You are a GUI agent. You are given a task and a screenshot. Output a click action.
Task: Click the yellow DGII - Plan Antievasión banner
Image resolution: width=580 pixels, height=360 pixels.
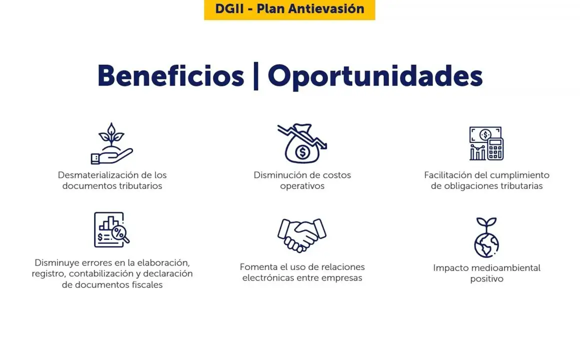[x=289, y=9]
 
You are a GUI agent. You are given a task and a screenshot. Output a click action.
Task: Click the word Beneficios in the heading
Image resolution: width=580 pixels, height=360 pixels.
[x=170, y=76]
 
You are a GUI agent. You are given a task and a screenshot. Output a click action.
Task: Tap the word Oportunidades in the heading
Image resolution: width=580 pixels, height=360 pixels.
[x=375, y=77]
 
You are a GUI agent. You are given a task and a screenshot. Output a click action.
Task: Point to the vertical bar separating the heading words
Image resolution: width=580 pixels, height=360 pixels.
[x=255, y=76]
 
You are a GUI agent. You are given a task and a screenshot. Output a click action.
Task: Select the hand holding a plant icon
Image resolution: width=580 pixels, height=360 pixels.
[x=111, y=143]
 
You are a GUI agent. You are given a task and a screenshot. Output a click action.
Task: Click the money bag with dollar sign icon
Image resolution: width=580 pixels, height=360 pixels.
[x=302, y=143]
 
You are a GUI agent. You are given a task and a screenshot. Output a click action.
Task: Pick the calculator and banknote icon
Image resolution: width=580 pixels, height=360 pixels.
[x=486, y=143]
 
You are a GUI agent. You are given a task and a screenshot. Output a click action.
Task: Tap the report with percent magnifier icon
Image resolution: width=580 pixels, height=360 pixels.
[x=111, y=230]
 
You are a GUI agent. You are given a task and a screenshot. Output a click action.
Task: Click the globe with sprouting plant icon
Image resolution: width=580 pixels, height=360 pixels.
[x=486, y=237]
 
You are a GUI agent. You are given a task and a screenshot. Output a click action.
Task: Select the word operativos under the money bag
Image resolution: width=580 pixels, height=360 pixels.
[x=302, y=186]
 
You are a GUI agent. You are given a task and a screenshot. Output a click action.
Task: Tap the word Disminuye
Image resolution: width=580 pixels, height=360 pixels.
[x=56, y=263]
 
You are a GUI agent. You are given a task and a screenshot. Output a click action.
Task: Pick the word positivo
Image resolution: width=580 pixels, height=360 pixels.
[x=487, y=279]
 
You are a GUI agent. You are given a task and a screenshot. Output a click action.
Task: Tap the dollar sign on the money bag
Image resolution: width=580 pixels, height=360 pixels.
[x=302, y=151]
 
